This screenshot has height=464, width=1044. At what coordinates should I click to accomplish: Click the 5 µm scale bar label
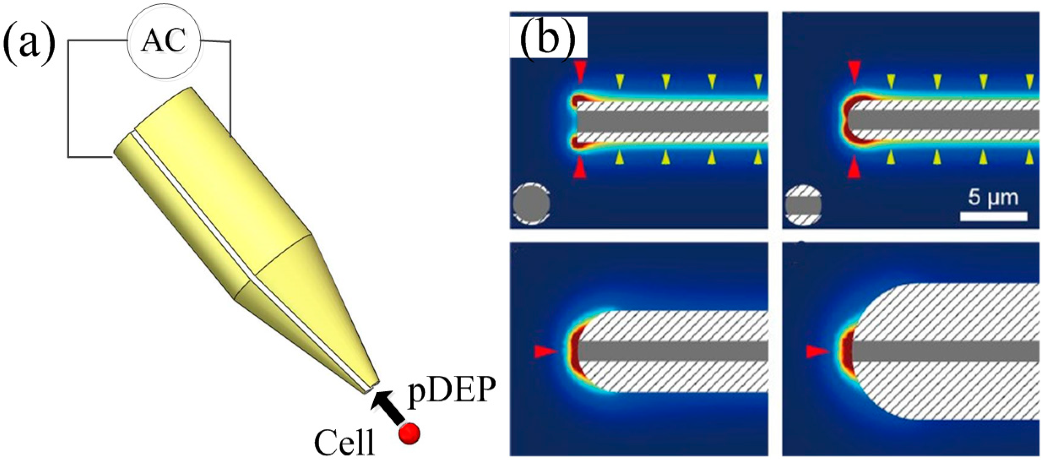click(993, 198)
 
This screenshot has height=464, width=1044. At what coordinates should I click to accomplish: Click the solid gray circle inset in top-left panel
click(531, 204)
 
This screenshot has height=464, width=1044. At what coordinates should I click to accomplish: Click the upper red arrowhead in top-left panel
click(580, 71)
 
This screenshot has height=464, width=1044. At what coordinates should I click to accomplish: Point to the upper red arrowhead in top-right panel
click(854, 71)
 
